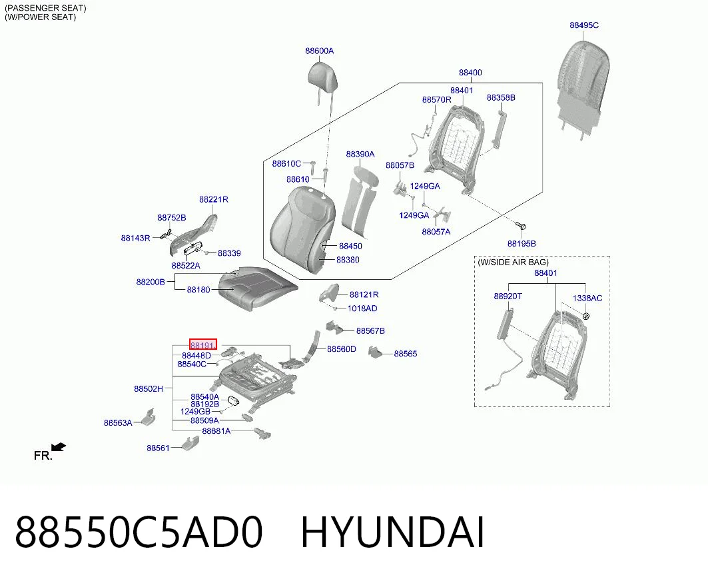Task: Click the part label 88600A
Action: [x=319, y=51]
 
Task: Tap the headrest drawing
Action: [x=322, y=77]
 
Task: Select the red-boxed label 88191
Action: [x=202, y=344]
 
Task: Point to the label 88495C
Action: [x=584, y=25]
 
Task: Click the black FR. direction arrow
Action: [x=59, y=447]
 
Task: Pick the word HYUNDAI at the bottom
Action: [x=392, y=532]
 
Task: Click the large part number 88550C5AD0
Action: [x=139, y=532]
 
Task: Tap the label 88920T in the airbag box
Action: [x=508, y=296]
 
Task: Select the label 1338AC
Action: [x=587, y=298]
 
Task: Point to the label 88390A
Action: [x=360, y=154]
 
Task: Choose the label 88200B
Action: [x=151, y=282]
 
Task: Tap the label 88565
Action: [x=405, y=354]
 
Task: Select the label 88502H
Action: [x=148, y=388]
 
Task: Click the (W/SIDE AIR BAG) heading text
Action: [x=513, y=262]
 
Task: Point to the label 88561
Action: [x=158, y=448]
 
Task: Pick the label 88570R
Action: [x=436, y=99]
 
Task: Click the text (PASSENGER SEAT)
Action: [x=45, y=8]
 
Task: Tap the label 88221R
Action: [x=213, y=199]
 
